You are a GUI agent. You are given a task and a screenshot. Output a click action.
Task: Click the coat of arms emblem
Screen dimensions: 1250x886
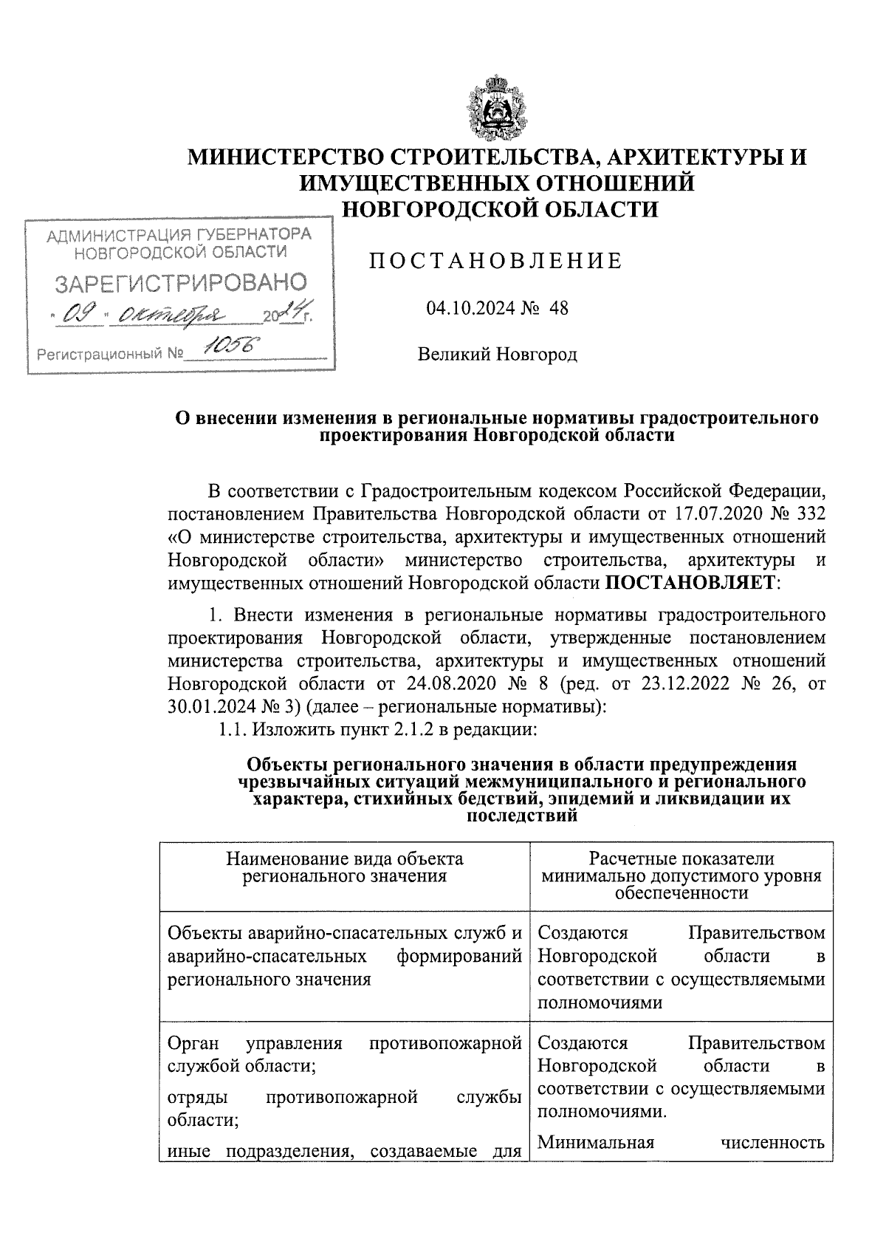[496, 106]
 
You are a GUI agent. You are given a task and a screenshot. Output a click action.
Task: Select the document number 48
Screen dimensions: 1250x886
[558, 308]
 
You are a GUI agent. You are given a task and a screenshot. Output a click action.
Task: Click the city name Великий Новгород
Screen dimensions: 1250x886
[497, 355]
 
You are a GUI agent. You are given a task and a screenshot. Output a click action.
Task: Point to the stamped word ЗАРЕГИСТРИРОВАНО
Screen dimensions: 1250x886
[181, 283]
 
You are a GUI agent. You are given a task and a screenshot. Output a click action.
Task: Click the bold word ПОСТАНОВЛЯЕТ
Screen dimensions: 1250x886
[690, 583]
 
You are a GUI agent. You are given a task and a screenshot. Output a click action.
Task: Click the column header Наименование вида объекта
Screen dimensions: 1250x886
[345, 859]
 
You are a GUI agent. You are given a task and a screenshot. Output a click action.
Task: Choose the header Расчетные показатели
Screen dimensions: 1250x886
[681, 859]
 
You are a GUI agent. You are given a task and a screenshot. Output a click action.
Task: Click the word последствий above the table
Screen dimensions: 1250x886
[521, 817]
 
